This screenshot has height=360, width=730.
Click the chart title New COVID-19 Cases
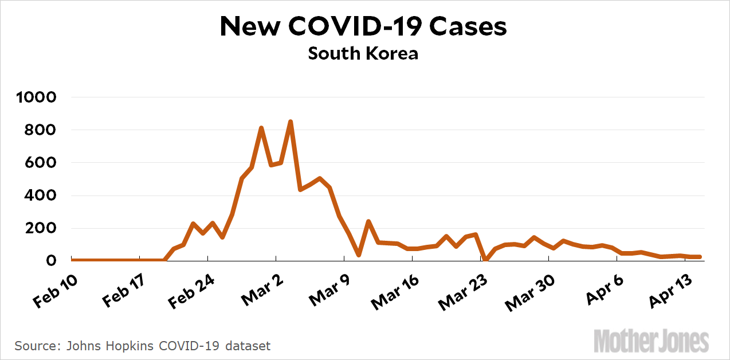[363, 26]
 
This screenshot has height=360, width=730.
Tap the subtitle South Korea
[363, 53]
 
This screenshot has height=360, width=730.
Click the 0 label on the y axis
[51, 261]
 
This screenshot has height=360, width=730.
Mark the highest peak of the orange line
[291, 122]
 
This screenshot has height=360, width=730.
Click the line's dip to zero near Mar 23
[485, 260]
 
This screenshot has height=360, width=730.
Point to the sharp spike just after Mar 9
[368, 221]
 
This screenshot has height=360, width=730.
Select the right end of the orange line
[700, 257]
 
